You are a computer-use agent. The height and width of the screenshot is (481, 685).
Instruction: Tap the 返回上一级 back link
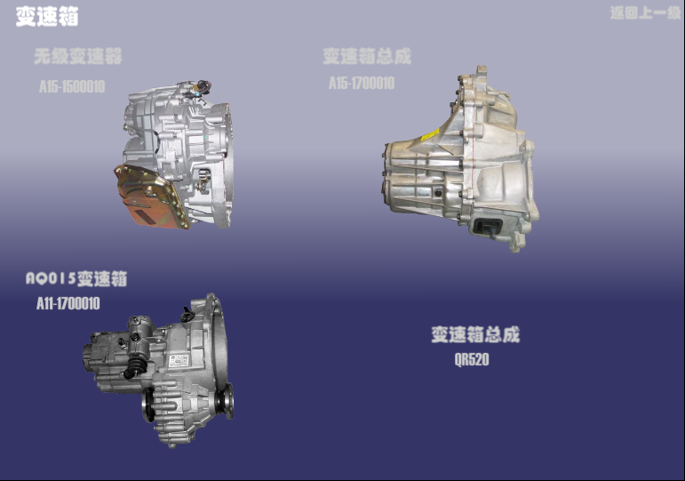[644, 13]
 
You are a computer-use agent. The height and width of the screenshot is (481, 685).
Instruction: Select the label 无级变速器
[78, 57]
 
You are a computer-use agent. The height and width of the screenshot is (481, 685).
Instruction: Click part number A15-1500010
[72, 87]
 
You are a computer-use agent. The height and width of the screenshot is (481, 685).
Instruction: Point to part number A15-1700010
[361, 84]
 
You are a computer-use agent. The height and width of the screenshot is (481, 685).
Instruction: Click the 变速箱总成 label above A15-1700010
[367, 57]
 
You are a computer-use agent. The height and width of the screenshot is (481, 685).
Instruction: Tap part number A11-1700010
[68, 304]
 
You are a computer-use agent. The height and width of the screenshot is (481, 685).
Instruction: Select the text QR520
[472, 360]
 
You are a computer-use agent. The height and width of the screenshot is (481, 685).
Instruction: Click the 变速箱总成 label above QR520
[475, 335]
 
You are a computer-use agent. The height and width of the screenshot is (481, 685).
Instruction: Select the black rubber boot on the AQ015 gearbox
[134, 367]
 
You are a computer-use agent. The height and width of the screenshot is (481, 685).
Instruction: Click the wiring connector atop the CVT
[201, 88]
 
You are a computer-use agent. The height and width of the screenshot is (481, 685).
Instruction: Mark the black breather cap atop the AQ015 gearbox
[187, 314]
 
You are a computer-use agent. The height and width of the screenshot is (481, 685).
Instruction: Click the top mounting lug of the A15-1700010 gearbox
[481, 71]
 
